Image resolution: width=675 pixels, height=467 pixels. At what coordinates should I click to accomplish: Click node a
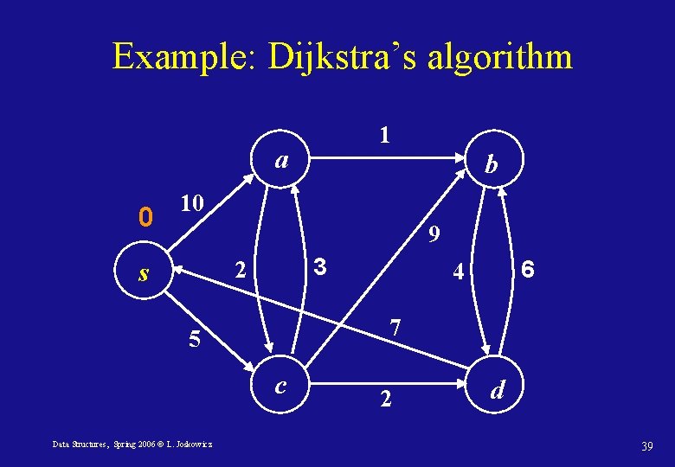pos(281,160)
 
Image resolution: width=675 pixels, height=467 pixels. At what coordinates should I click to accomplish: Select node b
pos(491,164)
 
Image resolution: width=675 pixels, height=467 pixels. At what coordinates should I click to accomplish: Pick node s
pos(145,274)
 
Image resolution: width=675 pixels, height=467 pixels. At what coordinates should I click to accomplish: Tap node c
pos(280,385)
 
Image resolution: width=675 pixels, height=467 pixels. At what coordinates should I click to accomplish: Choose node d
pos(497,391)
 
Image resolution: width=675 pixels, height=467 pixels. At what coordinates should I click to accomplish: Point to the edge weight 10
pos(191,204)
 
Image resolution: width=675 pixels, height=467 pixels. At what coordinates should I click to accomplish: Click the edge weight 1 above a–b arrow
pos(384,135)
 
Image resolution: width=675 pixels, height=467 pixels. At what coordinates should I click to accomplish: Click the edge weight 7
pos(395,329)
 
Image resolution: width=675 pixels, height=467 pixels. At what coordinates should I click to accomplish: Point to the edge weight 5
pos(195,339)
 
